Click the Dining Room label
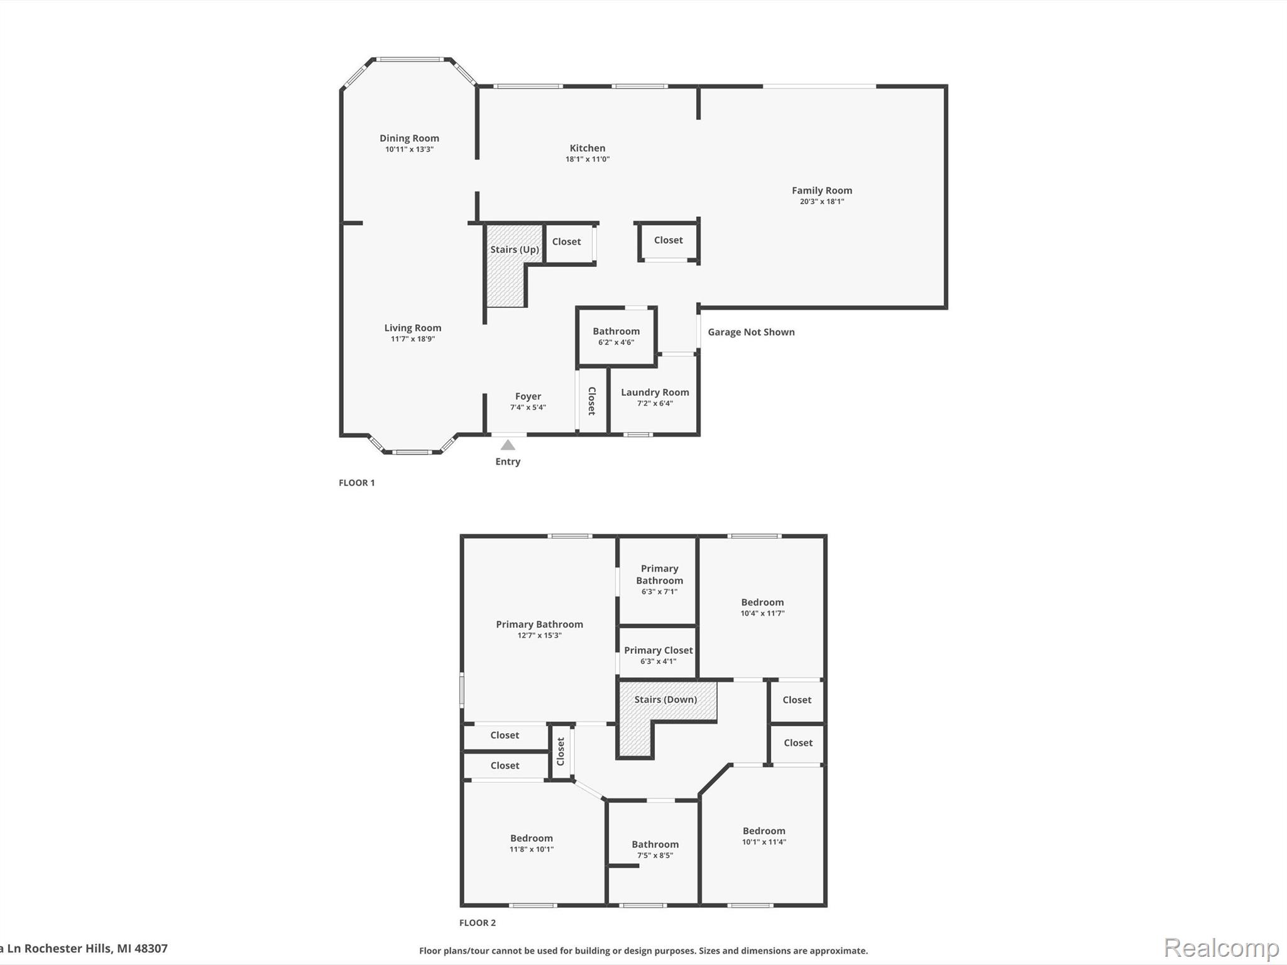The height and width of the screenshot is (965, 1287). click(409, 138)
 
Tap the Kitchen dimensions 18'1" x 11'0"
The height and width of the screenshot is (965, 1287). click(587, 160)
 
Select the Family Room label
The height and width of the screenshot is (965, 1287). click(821, 190)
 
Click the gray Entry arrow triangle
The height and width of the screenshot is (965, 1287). click(508, 445)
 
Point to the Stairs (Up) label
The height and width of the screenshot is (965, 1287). click(514, 249)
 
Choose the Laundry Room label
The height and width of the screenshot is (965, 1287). click(655, 392)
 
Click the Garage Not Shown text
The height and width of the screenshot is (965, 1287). click(751, 332)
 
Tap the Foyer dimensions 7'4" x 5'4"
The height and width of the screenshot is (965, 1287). click(528, 407)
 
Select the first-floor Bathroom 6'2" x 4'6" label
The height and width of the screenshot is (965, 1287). click(616, 331)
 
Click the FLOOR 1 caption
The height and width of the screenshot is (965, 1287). click(356, 482)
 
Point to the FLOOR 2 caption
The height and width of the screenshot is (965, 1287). click(477, 922)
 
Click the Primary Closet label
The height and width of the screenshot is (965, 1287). click(658, 650)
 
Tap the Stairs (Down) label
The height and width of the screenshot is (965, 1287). click(665, 699)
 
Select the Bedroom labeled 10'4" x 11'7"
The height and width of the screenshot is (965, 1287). click(762, 602)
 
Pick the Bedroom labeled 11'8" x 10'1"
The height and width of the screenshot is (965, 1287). click(531, 838)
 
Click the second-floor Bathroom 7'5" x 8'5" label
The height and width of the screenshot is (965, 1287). click(655, 844)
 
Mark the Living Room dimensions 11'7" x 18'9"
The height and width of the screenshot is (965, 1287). click(412, 339)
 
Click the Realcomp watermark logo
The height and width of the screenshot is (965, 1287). click(1221, 947)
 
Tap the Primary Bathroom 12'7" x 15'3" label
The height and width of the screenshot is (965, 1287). click(539, 624)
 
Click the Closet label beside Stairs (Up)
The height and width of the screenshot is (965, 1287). click(566, 241)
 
